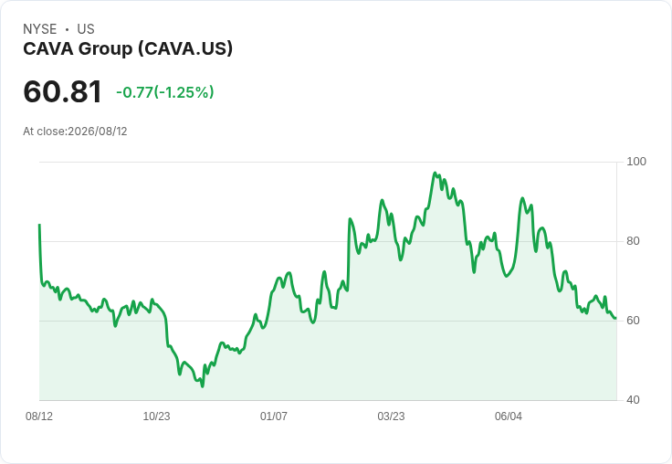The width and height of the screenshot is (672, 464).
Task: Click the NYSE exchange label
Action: [40, 29]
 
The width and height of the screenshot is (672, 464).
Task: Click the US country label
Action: [86, 29]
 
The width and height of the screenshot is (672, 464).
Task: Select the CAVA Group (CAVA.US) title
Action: [128, 49]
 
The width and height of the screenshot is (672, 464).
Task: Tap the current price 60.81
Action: [63, 91]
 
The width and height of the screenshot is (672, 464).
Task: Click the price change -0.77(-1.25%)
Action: [165, 92]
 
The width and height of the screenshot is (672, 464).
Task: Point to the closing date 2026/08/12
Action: [98, 132]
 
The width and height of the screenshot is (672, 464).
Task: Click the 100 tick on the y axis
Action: [636, 162]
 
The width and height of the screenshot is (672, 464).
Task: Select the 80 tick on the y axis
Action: [633, 241]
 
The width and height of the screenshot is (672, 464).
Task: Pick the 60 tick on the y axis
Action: [633, 321]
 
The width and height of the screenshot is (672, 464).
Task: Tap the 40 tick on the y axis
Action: [633, 400]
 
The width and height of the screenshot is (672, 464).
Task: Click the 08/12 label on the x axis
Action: [39, 416]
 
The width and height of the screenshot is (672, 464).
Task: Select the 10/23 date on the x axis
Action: [156, 416]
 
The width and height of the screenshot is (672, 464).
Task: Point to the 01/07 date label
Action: [274, 416]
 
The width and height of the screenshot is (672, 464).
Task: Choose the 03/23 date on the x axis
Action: [391, 416]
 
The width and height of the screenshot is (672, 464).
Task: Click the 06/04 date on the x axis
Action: [509, 416]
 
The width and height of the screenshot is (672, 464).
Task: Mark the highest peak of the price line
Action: [435, 173]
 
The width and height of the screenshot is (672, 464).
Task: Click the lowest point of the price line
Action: [203, 386]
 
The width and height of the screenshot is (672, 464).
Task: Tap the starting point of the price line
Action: [39, 225]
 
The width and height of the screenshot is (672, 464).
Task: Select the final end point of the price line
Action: [616, 318]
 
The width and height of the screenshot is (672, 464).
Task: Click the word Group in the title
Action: [105, 49]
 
